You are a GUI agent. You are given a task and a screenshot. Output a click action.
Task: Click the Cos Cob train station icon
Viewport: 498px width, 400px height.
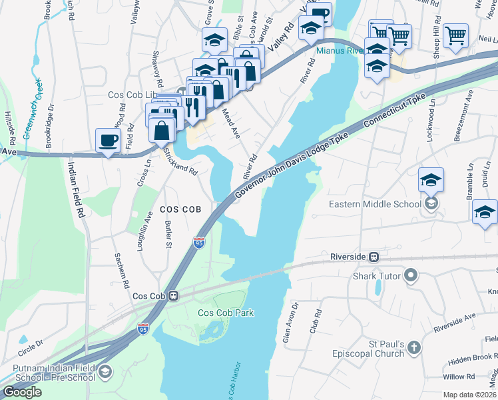point(174,295)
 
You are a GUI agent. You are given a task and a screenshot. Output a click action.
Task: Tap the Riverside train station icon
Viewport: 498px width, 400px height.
point(374,256)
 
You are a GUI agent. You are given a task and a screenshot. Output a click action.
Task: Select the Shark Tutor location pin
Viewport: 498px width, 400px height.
point(411,275)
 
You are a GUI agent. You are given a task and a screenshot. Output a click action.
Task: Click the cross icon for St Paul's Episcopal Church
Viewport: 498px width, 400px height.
point(413,347)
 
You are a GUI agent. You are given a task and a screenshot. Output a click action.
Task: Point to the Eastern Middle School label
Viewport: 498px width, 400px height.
point(375,204)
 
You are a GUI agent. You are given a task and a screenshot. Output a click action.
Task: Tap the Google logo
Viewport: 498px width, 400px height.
point(22,392)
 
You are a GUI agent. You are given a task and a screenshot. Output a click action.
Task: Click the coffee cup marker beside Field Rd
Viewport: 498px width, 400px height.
point(109,141)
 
